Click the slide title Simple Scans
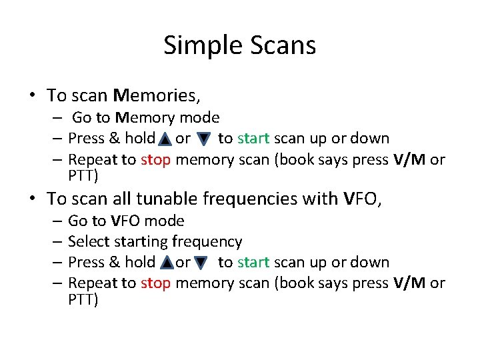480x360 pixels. (x=239, y=45)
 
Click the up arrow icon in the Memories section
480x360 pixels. (x=163, y=139)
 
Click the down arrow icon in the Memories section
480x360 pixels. (x=204, y=139)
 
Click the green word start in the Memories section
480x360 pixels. (x=253, y=139)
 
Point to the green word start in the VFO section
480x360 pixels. (x=253, y=263)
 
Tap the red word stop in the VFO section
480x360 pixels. (x=155, y=283)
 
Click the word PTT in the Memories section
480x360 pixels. (x=83, y=176)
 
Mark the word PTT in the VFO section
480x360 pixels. (x=83, y=299)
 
